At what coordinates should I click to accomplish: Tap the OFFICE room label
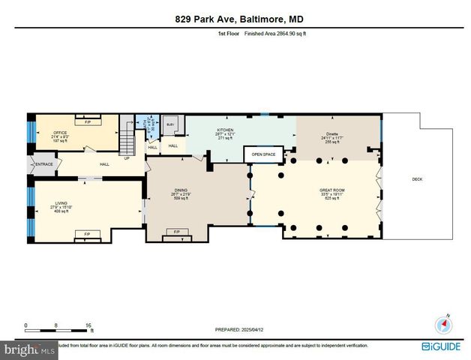60,133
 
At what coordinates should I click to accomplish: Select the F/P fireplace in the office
88,121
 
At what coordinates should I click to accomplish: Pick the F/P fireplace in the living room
87,234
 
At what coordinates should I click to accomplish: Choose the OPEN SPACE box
263,154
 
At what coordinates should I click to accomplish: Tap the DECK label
417,179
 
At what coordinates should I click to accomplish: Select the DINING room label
180,190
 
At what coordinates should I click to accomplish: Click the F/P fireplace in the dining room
177,232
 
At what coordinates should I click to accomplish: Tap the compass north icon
445,324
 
